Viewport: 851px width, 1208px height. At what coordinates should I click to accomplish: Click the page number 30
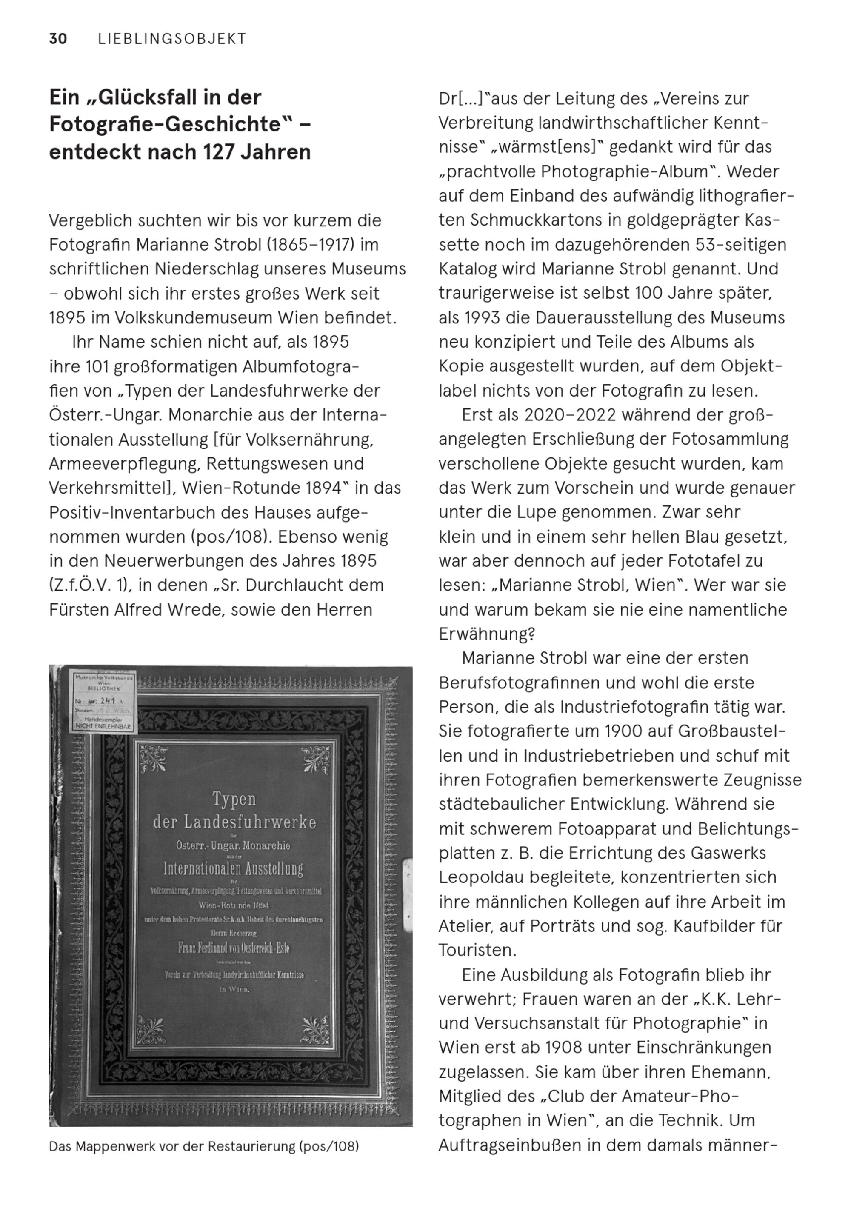click(x=58, y=39)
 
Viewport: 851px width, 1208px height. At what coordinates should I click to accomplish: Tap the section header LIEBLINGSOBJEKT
click(x=172, y=39)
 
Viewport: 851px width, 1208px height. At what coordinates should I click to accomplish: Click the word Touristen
click(x=477, y=951)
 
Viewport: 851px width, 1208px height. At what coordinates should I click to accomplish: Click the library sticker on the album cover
click(x=104, y=703)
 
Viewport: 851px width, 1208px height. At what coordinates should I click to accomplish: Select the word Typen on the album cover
click(x=234, y=799)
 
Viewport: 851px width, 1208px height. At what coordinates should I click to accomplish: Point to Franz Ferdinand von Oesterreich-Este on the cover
click(x=234, y=948)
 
